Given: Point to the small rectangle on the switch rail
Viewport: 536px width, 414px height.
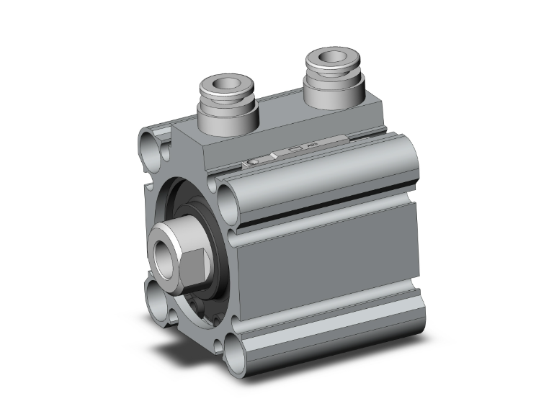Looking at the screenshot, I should coord(294,150).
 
